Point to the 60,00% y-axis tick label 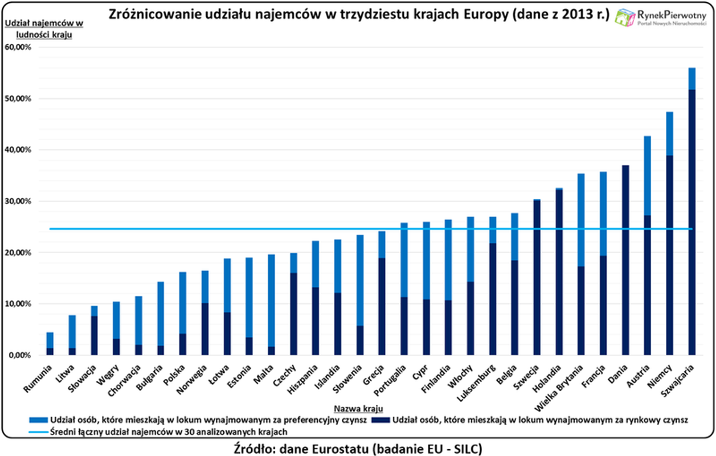click(18, 47)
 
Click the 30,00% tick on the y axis click(18, 201)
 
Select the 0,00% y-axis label click(19, 355)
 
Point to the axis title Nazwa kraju click(358, 409)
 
